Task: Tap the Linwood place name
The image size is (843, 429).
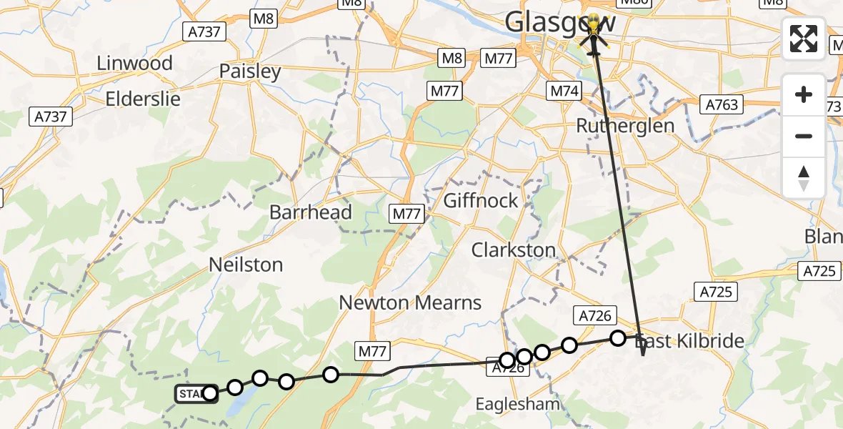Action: [135, 63]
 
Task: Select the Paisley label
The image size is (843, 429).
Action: [250, 71]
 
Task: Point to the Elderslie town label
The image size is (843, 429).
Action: [143, 98]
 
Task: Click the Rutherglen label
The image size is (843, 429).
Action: [625, 126]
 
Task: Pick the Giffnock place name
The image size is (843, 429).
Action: [481, 200]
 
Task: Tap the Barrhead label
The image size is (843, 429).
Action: [311, 212]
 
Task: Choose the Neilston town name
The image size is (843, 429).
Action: [246, 265]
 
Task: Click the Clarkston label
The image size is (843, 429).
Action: [513, 250]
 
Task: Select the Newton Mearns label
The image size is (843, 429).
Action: [410, 302]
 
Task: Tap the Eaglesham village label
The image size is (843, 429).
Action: [518, 405]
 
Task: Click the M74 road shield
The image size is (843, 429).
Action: [565, 91]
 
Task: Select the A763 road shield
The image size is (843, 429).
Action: [722, 105]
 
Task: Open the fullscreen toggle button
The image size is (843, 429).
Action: [804, 39]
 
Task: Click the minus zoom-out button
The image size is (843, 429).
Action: [804, 136]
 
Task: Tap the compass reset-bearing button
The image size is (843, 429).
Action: [804, 177]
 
